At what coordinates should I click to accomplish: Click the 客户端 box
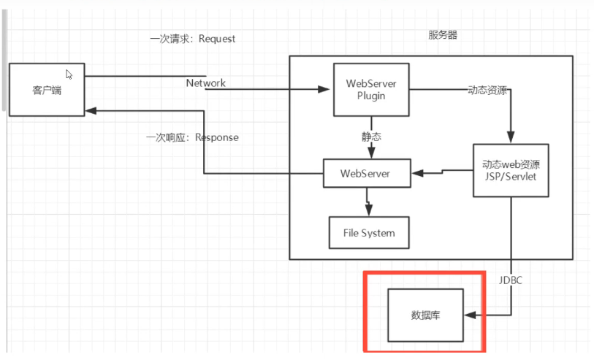click(47, 90)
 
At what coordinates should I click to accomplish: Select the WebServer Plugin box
click(371, 89)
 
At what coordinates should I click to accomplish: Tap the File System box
click(368, 233)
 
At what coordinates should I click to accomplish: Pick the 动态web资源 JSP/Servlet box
click(511, 170)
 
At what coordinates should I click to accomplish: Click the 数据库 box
click(425, 315)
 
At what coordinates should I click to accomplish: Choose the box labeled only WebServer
click(365, 174)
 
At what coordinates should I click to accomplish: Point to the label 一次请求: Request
click(193, 39)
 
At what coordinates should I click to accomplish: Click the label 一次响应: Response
click(193, 137)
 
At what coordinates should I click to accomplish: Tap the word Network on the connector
click(205, 83)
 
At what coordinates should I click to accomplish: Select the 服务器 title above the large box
click(443, 35)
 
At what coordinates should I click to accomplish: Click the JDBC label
click(511, 279)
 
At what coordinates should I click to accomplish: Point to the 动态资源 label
click(488, 91)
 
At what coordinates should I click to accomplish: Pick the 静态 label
click(371, 137)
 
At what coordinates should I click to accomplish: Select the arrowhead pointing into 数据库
click(470, 315)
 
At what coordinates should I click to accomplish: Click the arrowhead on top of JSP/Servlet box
click(511, 138)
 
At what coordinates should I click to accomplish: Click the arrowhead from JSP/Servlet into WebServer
click(417, 174)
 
